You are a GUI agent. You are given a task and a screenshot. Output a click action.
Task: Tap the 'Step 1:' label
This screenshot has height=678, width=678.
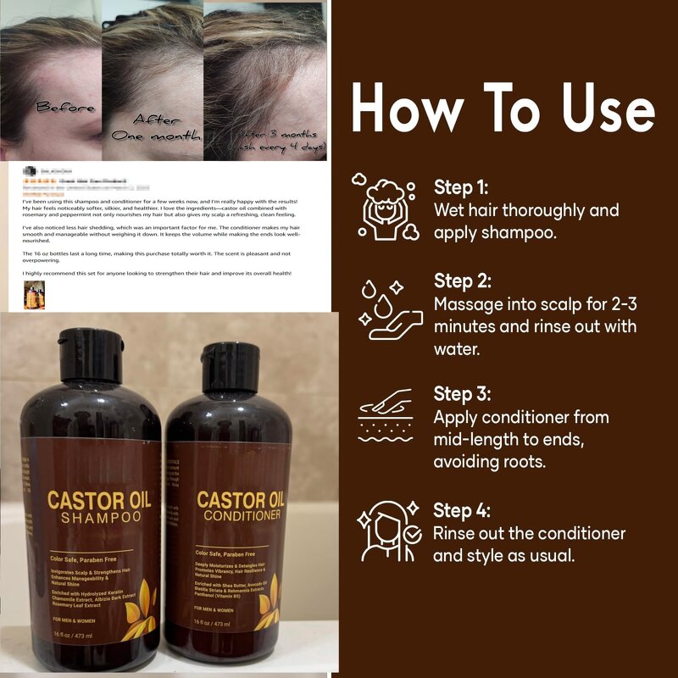461,187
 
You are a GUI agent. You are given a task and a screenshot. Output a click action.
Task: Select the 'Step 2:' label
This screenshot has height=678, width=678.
462,281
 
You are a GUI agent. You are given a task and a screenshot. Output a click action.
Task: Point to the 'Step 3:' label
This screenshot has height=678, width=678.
462,394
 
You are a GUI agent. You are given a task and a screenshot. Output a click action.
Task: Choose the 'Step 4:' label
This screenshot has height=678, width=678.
462,510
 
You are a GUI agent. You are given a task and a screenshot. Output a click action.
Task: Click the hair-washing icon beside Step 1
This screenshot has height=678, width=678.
384,208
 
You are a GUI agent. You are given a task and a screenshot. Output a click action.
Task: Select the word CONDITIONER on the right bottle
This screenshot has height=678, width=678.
239,515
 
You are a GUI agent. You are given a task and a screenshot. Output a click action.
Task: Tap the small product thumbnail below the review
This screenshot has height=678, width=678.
34,296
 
